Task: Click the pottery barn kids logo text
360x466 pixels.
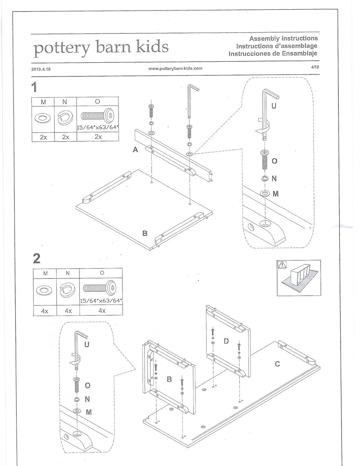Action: tap(101, 47)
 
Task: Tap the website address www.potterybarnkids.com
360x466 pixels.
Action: tap(175, 68)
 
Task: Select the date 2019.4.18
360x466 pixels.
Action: tap(41, 69)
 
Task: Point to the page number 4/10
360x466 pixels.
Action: tap(315, 67)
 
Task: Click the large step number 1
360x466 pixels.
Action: tap(34, 87)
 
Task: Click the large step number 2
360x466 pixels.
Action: tap(37, 259)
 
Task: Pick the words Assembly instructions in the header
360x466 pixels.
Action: tap(283, 39)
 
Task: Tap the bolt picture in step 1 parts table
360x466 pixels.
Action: tap(97, 116)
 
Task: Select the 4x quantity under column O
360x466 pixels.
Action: tap(102, 310)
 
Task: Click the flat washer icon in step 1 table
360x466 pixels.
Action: tap(43, 118)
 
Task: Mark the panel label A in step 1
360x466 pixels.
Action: tap(135, 149)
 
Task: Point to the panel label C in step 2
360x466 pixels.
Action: tap(277, 364)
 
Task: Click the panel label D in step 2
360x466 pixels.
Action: tap(226, 341)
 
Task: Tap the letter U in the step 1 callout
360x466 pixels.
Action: tap(274, 106)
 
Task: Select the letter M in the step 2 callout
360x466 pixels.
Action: tap(89, 412)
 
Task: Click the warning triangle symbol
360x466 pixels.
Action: tap(282, 265)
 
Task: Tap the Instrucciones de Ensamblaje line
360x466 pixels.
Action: tap(273, 54)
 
